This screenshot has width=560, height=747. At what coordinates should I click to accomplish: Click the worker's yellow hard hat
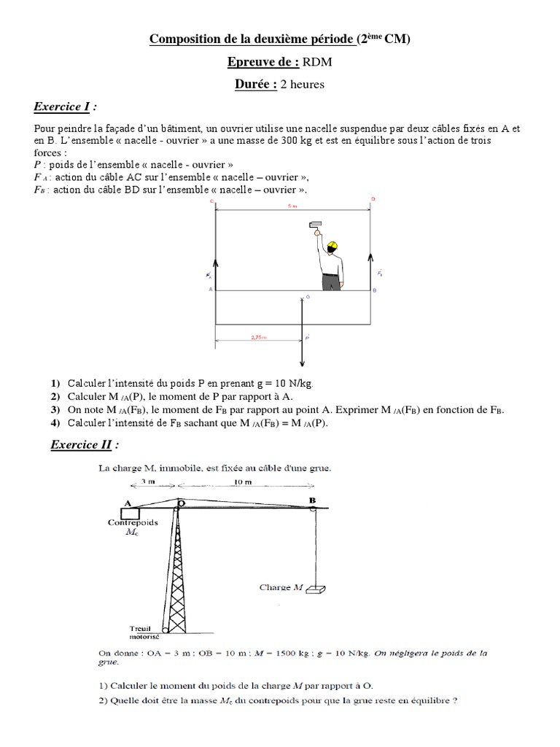click(x=332, y=246)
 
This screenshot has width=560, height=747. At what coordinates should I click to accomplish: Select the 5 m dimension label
click(x=292, y=206)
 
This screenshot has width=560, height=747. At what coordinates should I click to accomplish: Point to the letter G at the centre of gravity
click(x=308, y=297)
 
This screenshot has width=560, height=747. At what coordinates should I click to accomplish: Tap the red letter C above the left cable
click(x=211, y=200)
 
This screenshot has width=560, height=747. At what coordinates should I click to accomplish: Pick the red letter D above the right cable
click(x=373, y=198)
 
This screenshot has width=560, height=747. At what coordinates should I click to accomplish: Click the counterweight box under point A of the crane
click(x=131, y=514)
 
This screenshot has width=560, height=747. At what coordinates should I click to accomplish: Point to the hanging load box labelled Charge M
click(x=314, y=589)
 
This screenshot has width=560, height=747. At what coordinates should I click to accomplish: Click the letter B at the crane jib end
click(x=312, y=499)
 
